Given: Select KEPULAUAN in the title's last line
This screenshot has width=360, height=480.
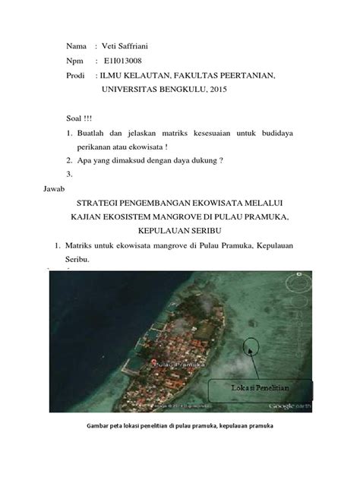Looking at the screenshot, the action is pos(167,229).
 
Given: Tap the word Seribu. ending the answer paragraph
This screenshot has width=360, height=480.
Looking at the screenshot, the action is pos(80,259).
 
